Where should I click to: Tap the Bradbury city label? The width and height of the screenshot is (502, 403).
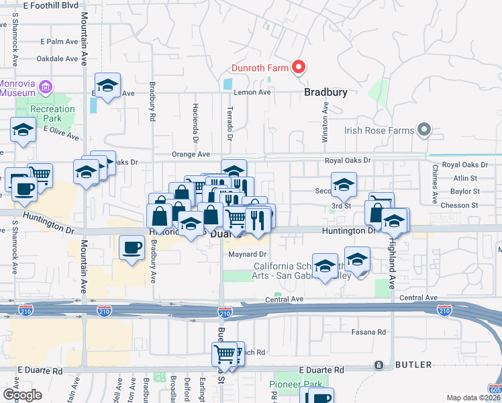pos(325,93)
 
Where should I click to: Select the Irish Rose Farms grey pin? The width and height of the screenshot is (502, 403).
pos(423,130)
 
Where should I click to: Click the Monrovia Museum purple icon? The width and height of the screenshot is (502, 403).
pos(46,86)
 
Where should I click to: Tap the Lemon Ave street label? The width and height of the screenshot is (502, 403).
pos(252,92)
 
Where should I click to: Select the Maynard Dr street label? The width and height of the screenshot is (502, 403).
pos(248,255)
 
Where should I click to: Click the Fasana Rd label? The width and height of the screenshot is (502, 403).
pos(369,332)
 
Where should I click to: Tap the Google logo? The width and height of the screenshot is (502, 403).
pos(23,395)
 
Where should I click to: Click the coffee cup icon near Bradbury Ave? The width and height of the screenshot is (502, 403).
pos(132,247)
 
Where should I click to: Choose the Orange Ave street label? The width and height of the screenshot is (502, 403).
pos(187,154)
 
